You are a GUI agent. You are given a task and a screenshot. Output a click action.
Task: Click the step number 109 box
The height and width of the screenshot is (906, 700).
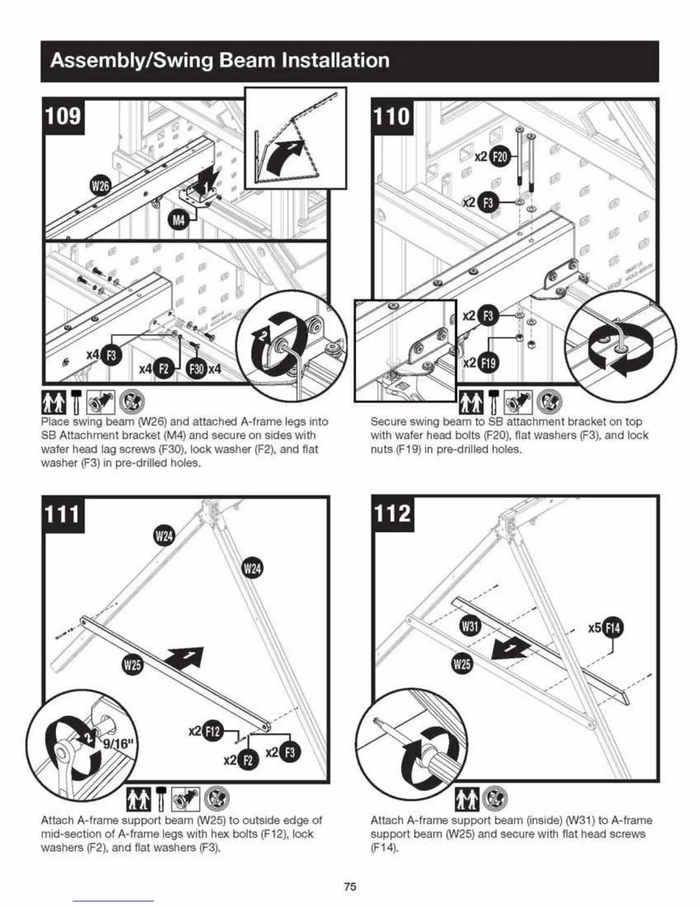pos(63,116)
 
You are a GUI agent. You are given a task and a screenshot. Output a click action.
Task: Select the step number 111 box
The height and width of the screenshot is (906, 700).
pos(63,514)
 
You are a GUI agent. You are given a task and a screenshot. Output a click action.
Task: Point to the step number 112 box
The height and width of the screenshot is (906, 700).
pos(392,514)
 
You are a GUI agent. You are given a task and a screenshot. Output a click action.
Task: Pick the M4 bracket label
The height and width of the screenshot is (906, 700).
pos(179,220)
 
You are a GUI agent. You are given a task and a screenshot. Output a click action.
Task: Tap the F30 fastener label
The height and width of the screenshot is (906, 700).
pos(197,369)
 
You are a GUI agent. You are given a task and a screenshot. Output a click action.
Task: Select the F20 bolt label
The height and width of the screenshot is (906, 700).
pos(499,157)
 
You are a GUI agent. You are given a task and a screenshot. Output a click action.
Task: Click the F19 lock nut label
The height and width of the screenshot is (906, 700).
pos(489,363)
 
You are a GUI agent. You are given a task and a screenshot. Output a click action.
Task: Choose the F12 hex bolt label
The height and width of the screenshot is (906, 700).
pos(212,732)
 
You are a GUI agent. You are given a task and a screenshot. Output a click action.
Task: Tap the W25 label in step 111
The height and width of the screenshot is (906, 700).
pos(133,665)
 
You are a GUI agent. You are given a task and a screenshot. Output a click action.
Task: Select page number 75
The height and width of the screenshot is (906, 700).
pos(350,887)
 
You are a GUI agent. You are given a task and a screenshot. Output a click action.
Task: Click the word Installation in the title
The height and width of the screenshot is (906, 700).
pos(334,60)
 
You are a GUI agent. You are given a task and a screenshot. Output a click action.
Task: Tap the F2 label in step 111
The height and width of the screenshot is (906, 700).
pos(248,760)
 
